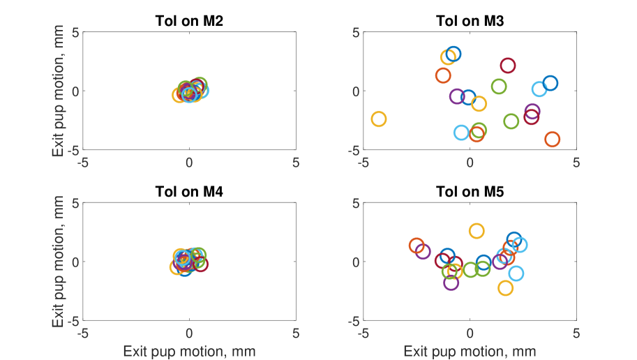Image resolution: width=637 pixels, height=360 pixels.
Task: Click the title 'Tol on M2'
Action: pyautogui.click(x=189, y=20)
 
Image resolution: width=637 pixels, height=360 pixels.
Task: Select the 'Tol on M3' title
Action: pyautogui.click(x=470, y=20)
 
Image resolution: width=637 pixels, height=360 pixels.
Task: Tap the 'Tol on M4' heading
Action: pyautogui.click(x=189, y=191)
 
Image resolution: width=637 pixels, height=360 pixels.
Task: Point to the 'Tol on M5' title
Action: pyautogui.click(x=470, y=191)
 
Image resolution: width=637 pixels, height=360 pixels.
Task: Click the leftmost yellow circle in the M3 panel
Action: pyautogui.click(x=379, y=119)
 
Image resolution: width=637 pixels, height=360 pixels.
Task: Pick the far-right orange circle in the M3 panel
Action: pyautogui.click(x=553, y=140)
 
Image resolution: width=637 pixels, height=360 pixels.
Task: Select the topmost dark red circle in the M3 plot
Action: pyautogui.click(x=507, y=66)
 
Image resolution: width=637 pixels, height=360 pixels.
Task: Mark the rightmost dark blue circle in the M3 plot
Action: pyautogui.click(x=550, y=83)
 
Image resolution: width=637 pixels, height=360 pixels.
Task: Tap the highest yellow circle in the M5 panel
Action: pyautogui.click(x=477, y=231)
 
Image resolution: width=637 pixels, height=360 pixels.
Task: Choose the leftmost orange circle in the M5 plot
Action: pyautogui.click(x=417, y=246)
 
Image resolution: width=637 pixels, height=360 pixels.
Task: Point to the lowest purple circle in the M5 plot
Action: pyautogui.click(x=451, y=283)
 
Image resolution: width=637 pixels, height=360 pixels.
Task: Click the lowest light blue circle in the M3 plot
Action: pyautogui.click(x=461, y=133)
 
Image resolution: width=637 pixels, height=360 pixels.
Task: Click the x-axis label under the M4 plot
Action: pyautogui.click(x=189, y=351)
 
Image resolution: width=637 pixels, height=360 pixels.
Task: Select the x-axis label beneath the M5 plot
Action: pyautogui.click(x=470, y=351)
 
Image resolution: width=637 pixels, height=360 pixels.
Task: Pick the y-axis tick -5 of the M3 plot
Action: pyautogui.click(x=355, y=149)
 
